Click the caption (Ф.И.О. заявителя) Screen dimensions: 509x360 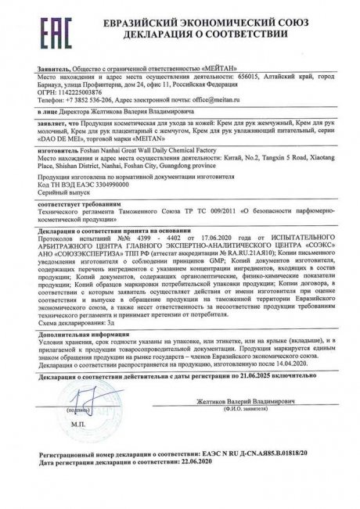point(243,450)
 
